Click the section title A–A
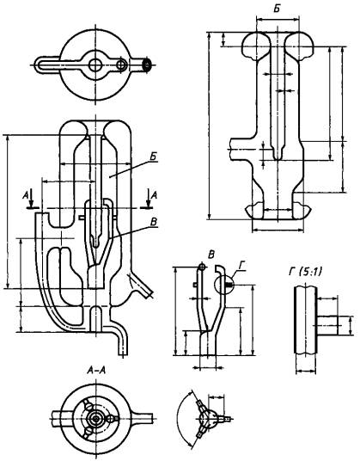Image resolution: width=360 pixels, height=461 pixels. pyautogui.click(x=96, y=371)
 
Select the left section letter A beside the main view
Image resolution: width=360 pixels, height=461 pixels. pyautogui.click(x=26, y=195)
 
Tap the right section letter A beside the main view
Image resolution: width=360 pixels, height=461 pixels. pyautogui.click(x=154, y=194)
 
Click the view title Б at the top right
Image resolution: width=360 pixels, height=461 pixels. pyautogui.click(x=276, y=9)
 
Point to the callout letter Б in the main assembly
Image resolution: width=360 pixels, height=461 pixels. pyautogui.click(x=153, y=157)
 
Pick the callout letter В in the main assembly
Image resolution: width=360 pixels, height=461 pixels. pyautogui.click(x=154, y=222)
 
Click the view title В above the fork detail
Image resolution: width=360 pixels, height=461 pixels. pyautogui.click(x=211, y=255)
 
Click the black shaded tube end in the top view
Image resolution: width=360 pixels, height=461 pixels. pyautogui.click(x=147, y=65)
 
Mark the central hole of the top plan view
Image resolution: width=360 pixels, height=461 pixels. pyautogui.click(x=95, y=65)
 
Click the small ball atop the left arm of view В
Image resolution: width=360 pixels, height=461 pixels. pyautogui.click(x=201, y=267)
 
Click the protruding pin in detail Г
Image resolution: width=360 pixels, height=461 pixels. pyautogui.click(x=327, y=326)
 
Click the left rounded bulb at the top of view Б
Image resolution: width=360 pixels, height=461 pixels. pyautogui.click(x=256, y=46)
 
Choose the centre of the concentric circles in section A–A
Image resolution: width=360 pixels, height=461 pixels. pyautogui.click(x=95, y=418)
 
